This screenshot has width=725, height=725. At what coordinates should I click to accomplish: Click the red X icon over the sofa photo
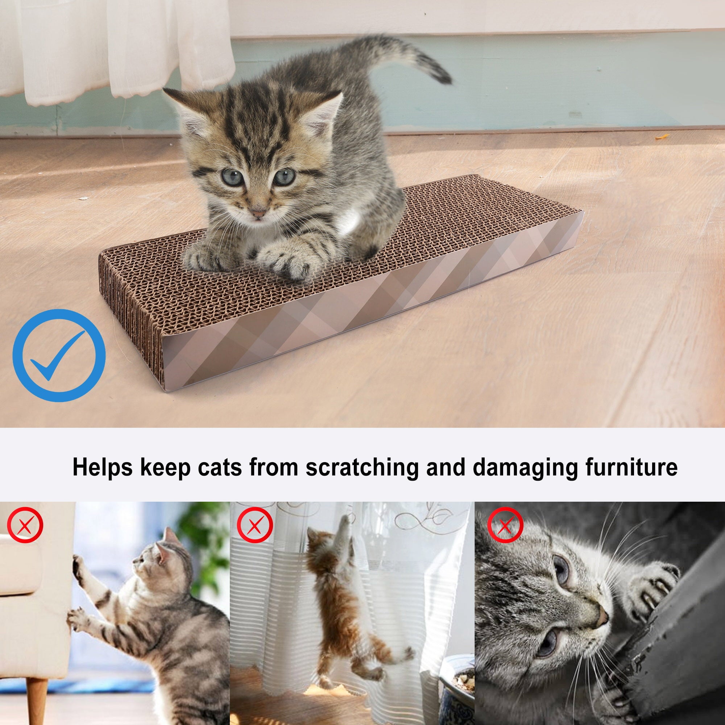(x=25, y=525)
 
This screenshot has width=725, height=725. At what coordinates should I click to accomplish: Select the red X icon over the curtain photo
(x=255, y=525)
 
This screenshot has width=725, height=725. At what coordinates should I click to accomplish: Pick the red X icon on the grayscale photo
(x=505, y=525)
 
